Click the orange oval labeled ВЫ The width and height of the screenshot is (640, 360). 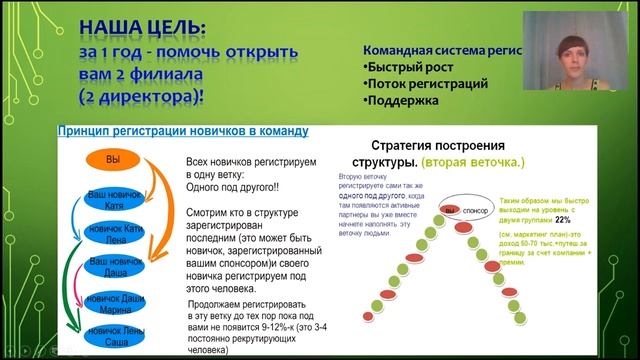click(x=112, y=161)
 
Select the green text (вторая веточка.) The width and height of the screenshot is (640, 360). click(x=473, y=161)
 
